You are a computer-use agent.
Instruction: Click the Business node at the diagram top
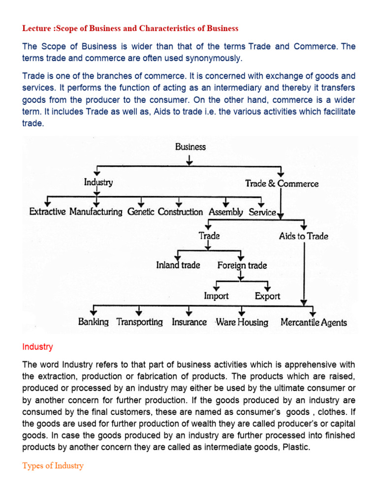pos(190,147)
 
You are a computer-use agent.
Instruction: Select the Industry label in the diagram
pos(98,183)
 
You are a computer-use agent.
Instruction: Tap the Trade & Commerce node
pos(282,184)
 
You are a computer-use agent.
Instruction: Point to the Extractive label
pos(48,212)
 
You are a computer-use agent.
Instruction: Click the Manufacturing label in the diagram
pos(96,212)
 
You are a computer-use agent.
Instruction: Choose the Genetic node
pos(141,212)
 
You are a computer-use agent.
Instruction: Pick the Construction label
pos(180,212)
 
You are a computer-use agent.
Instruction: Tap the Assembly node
pos(226,212)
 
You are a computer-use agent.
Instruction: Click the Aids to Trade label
pos(303,236)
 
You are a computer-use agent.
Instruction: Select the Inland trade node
pos(178,265)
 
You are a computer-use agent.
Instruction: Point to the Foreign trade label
pos(242,266)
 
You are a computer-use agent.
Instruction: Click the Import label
pos(217,296)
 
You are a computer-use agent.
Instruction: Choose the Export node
pos(267,296)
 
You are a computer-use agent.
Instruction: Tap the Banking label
pos(94,322)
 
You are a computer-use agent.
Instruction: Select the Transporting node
pos(139,322)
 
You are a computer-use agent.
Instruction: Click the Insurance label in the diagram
pos(189,322)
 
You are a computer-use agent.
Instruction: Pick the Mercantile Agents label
pos(314,323)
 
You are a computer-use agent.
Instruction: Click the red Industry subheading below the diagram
pos(37,347)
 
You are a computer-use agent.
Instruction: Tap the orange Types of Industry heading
pos(53,466)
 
